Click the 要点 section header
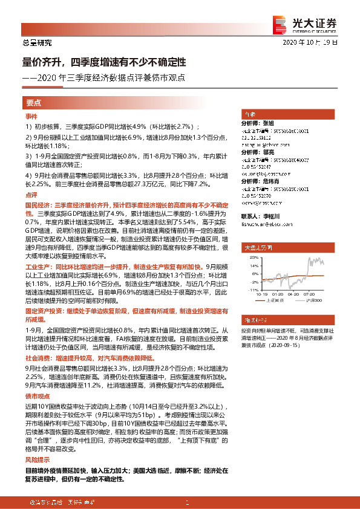click(x=34, y=103)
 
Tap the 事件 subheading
click(x=31, y=116)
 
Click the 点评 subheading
click(x=31, y=195)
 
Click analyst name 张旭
click(x=269, y=122)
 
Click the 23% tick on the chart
click(x=247, y=256)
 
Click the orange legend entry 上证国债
click(x=272, y=300)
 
